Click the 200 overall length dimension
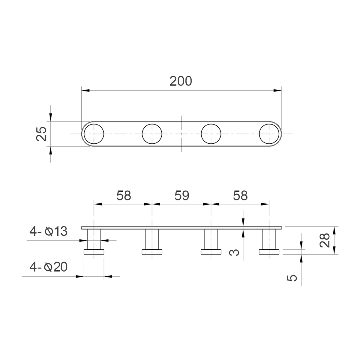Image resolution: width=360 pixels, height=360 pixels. pos(181,81)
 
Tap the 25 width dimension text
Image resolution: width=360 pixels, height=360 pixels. pos(41,134)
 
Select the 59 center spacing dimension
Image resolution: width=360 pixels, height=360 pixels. pos(182,195)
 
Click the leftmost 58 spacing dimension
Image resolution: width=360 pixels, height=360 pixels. pos(124,195)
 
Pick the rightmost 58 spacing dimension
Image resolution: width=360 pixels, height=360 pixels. pos(240,195)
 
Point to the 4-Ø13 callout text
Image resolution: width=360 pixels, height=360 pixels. pos(48,231)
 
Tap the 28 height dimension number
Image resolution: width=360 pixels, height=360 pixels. pos(325,240)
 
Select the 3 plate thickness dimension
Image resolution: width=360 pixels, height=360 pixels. pos(234,253)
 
